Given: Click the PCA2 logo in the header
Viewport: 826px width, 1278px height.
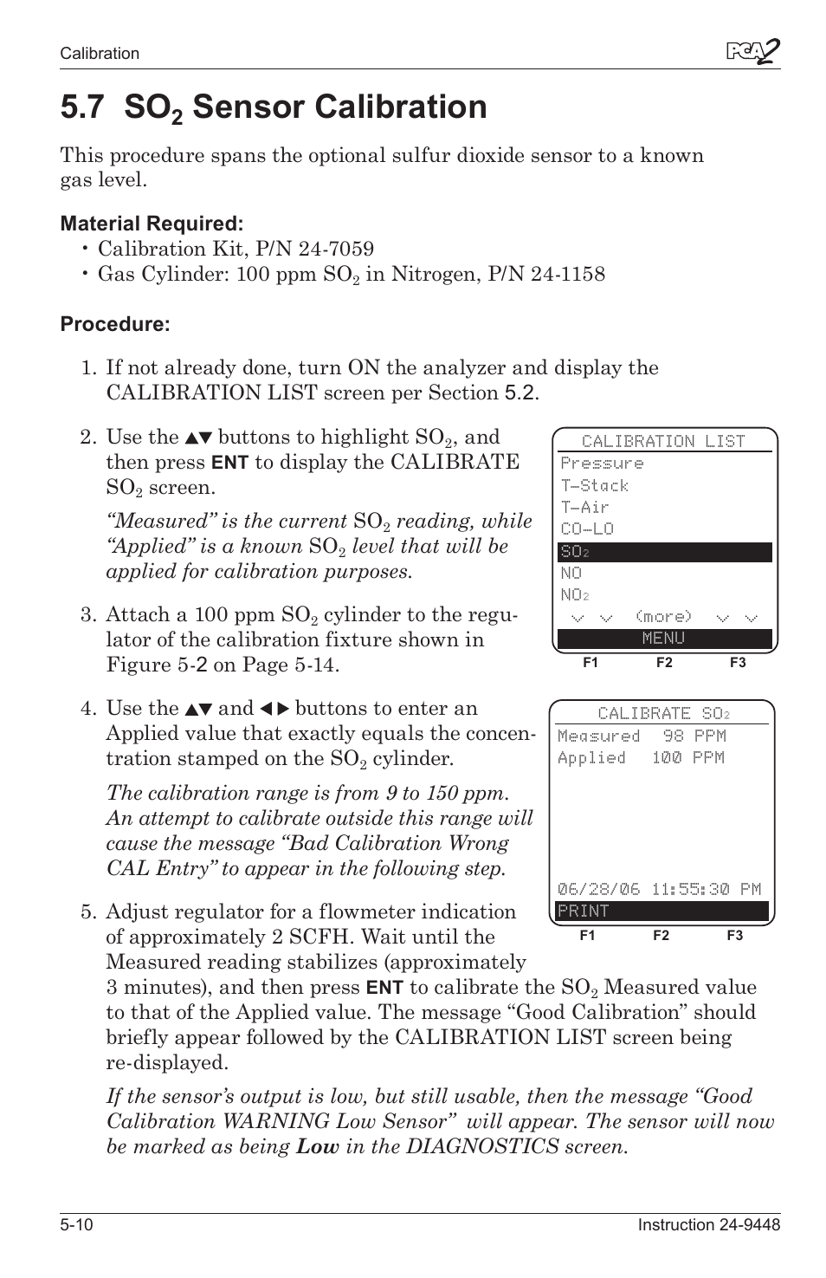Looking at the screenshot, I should (752, 53).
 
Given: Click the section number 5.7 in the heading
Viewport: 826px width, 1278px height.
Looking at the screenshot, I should (83, 107).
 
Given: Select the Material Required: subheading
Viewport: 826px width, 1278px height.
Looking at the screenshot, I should (152, 224).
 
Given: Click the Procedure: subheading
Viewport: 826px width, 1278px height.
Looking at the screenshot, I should (114, 324).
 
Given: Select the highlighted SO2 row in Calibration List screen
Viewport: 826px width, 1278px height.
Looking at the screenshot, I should (664, 552).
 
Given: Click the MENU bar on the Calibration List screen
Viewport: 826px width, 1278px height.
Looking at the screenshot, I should (664, 639).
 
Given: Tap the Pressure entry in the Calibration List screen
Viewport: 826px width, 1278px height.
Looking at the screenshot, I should (602, 464).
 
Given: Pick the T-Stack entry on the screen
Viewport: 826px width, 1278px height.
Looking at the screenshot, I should (594, 485).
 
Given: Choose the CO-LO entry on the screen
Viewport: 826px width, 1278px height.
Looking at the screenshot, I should (587, 529).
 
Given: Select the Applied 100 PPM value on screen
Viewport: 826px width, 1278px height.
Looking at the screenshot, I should (641, 757).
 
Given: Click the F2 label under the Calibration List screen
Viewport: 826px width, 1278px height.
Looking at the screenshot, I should (664, 663).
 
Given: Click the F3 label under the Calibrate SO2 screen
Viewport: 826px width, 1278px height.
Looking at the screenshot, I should (734, 936).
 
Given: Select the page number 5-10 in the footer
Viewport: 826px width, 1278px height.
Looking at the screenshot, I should (77, 1224).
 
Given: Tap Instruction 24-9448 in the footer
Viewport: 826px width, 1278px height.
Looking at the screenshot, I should (709, 1224).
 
